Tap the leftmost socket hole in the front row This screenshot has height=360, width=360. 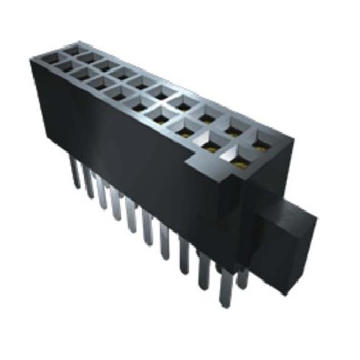[55, 63]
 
